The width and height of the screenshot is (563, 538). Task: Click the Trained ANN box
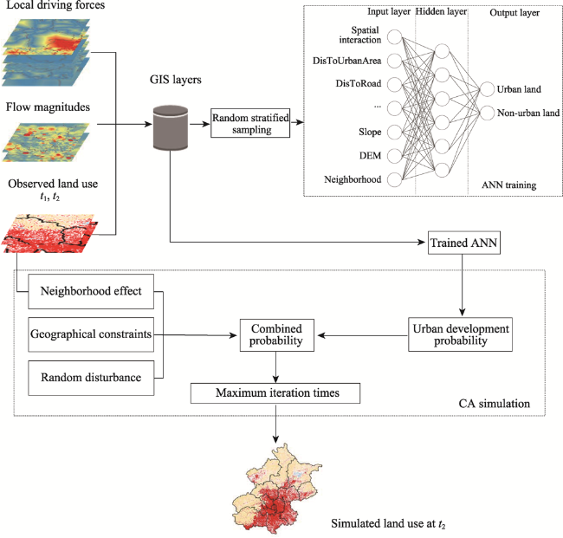[464, 243]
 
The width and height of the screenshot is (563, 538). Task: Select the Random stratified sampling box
[250, 123]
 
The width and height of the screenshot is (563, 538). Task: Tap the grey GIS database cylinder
[171, 127]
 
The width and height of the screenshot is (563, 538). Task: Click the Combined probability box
[277, 335]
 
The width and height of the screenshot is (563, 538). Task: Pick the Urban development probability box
[460, 334]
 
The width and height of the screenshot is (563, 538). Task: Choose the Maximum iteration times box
[275, 393]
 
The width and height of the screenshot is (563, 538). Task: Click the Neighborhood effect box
[91, 292]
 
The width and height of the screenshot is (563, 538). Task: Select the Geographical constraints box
[91, 334]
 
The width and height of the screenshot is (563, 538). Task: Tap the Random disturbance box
[91, 378]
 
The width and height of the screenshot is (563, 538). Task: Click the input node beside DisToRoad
[394, 84]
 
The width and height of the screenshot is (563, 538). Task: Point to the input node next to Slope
[394, 133]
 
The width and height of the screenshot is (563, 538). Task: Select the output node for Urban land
[488, 89]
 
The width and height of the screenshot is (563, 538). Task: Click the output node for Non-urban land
[488, 113]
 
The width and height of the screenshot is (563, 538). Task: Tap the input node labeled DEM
[394, 156]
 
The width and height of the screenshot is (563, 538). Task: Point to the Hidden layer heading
[441, 11]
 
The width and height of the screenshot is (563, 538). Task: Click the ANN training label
[508, 185]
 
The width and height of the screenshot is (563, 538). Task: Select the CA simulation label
[494, 404]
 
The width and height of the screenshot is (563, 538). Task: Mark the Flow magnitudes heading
[48, 107]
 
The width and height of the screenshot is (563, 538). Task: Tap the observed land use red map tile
[50, 234]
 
